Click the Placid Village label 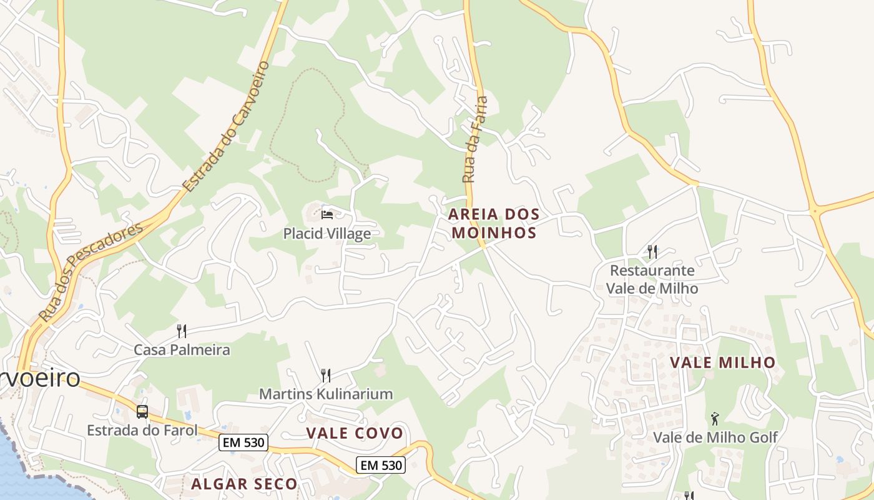pos(327,234)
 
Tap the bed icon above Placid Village pos(327,215)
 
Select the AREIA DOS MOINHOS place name pos(494,224)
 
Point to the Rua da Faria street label pos(474,139)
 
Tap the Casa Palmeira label pos(182,350)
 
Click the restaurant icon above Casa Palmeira pos(182,331)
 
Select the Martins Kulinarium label pos(326,394)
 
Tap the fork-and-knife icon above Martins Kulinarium pos(325,375)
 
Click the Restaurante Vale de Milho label pos(652,279)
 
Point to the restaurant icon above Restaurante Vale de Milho pos(652,251)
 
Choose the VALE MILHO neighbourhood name pos(722,362)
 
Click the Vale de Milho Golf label pos(715,437)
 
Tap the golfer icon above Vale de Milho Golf pos(715,418)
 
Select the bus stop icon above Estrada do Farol pos(142,411)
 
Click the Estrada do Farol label pos(142,430)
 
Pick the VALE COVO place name pos(355,433)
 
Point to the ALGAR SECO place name pos(244,484)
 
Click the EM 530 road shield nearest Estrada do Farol pos(243,442)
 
